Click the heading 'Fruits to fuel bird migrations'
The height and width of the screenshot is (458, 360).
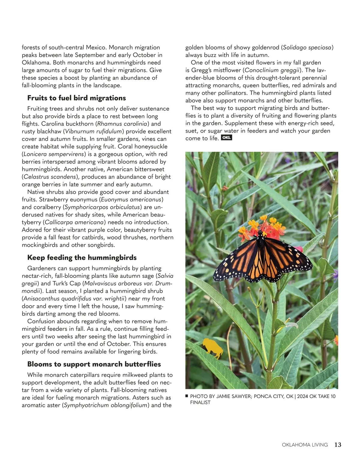pyautogui.click(x=76, y=98)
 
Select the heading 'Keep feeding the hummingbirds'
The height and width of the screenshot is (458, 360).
pyautogui.click(x=82, y=258)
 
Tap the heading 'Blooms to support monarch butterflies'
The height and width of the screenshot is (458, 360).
pyautogui.click(x=94, y=364)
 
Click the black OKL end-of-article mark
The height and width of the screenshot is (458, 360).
pyautogui.click(x=226, y=138)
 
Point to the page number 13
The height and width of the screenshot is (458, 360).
pyautogui.click(x=338, y=445)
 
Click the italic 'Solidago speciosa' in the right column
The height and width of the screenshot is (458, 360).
pyautogui.click(x=307, y=47)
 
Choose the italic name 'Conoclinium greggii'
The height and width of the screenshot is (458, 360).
pyautogui.click(x=272, y=70)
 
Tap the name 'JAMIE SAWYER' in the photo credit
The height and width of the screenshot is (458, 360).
pyautogui.click(x=234, y=397)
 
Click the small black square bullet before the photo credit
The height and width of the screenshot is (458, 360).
pyautogui.click(x=187, y=396)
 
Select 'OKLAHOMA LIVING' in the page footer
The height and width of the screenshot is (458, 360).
pyautogui.click(x=305, y=445)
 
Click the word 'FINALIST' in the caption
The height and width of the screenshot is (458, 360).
pyautogui.click(x=200, y=403)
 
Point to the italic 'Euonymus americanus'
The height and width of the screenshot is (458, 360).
pyautogui.click(x=132, y=199)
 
